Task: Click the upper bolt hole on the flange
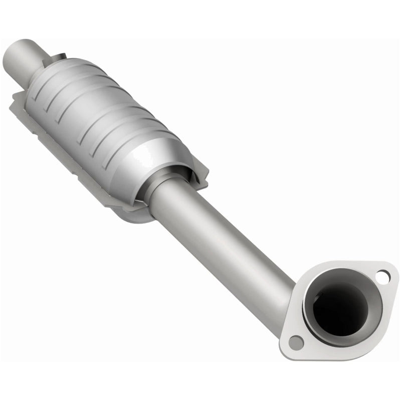click(x=382, y=275)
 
